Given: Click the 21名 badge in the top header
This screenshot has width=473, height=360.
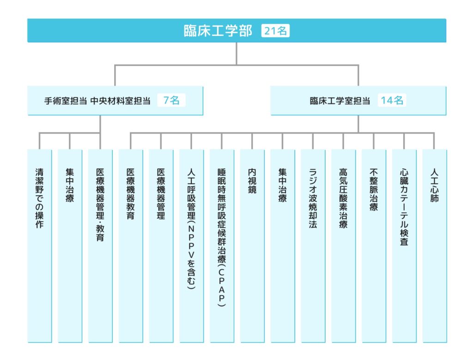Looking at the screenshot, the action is coord(275,30).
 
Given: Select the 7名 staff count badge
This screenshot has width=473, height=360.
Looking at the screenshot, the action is coord(171,100).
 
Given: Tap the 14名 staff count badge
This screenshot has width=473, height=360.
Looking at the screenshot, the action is coord(392,100).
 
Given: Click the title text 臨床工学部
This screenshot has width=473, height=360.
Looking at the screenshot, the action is coord(218,30).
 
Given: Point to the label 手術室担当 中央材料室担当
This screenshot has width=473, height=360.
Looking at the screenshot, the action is coord(97,101).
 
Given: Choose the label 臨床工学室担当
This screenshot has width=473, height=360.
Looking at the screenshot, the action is coord(340,101).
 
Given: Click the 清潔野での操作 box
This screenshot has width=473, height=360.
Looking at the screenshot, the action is coord(40,246).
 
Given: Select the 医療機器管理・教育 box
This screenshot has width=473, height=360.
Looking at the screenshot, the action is coord(100,246).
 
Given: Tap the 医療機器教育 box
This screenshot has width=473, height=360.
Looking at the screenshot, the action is coord(131,246).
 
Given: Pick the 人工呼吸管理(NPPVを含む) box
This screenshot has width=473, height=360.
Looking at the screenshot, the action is coord(192,246).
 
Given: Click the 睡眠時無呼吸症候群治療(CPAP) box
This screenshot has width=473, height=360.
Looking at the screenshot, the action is coord(222,246).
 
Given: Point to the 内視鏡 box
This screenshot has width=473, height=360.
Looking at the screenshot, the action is coord(252,246).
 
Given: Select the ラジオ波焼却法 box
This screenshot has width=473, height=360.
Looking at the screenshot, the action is coord(313,246).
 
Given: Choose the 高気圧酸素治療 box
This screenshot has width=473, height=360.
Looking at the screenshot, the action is coord(343,246).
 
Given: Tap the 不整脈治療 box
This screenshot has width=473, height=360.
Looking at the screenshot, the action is coord(374,246).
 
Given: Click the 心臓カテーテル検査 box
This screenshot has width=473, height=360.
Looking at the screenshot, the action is coord(404,246).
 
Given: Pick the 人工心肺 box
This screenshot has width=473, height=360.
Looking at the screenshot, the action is coord(434,246).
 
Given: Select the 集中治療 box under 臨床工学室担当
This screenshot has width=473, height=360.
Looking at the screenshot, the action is coord(283,246).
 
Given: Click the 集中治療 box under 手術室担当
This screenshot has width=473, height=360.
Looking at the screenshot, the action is coord(70,246).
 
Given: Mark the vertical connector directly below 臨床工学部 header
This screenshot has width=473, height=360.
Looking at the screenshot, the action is coord(236,54).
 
